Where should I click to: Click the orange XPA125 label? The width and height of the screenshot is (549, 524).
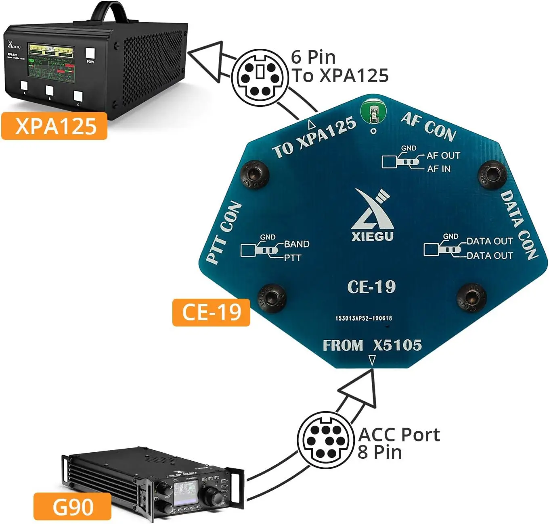coord(54,126)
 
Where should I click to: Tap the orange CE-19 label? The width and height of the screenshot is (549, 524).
coord(211,312)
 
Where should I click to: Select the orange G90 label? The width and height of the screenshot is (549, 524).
coord(73,506)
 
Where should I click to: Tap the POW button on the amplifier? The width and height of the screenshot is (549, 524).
coord(90,54)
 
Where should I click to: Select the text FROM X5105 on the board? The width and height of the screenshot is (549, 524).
coord(372,345)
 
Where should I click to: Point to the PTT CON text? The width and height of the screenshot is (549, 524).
coord(224,233)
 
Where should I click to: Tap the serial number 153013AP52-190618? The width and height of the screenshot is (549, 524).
coord(363,318)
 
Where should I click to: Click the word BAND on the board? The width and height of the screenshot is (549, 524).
coord(297,244)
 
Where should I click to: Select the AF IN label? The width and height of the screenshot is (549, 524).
coord(439,169)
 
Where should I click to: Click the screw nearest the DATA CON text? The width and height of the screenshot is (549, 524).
coord(491,174)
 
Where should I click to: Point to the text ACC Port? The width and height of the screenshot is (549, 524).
coord(399,435)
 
